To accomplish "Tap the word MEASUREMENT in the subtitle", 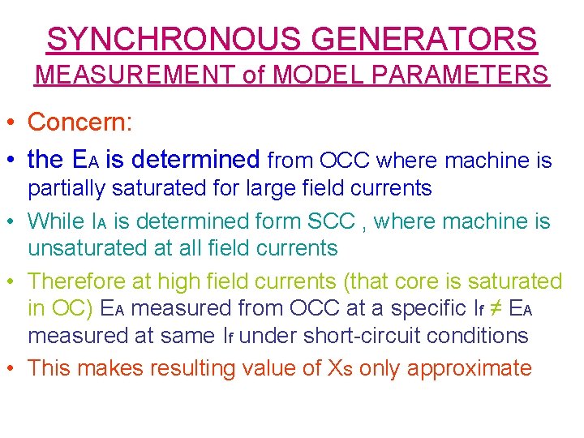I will pyautogui.click(x=136, y=75).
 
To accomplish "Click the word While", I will pyautogui.click(x=56, y=221).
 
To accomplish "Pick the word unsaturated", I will pyautogui.click(x=90, y=248).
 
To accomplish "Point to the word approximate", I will pyautogui.click(x=470, y=368).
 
